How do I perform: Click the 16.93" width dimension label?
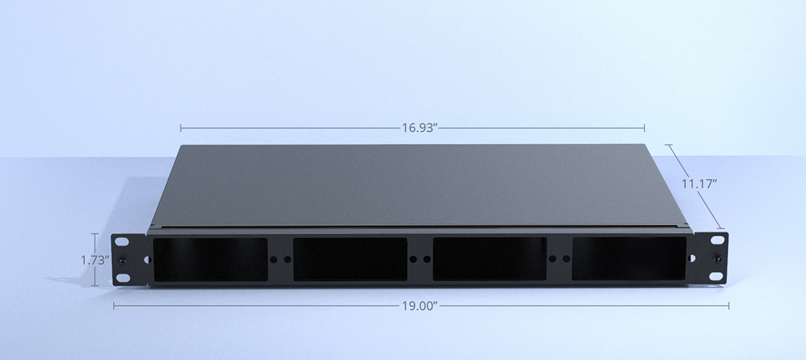[420, 128]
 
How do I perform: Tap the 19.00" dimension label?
[420, 306]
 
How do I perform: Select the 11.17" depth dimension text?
[699, 184]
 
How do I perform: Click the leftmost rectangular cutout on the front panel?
[210, 259]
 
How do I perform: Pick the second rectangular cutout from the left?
[350, 259]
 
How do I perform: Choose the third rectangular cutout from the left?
[489, 259]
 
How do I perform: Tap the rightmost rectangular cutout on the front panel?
[629, 258]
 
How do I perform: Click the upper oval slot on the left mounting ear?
[122, 242]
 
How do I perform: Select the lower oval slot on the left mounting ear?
[122, 277]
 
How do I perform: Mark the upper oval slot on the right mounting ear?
[717, 240]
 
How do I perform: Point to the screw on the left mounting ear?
[122, 260]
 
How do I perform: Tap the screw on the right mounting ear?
[717, 258]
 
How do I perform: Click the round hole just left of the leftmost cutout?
[148, 260]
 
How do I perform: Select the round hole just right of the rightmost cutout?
[692, 258]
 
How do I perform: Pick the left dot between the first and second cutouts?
[273, 259]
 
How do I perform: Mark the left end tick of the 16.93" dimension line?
[181, 128]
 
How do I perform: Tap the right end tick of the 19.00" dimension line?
[728, 306]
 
